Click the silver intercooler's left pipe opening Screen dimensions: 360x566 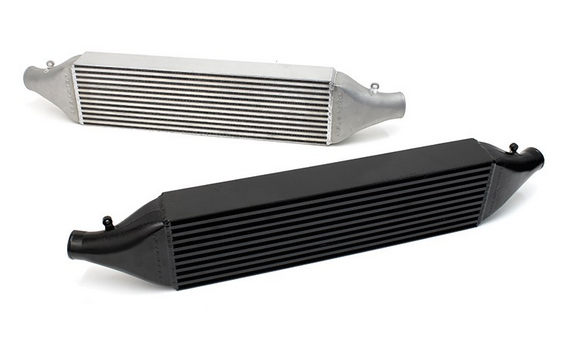(29, 73)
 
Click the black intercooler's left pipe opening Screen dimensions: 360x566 (75, 243)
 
